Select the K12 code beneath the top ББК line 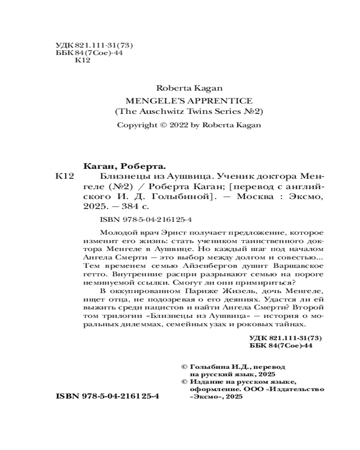click(x=81, y=61)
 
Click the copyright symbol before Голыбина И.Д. click(x=183, y=367)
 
